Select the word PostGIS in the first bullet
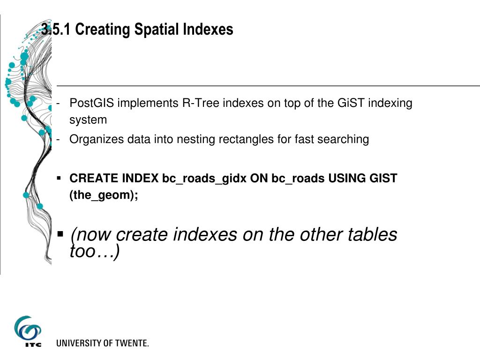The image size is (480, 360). point(92,103)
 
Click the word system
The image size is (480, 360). point(88,120)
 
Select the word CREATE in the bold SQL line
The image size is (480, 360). point(94,178)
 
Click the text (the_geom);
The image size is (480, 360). point(104,195)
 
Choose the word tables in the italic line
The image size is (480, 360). point(371,234)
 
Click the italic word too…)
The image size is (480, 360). point(95,252)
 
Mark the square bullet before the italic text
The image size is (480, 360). point(60,233)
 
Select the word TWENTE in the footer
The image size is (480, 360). point(131,343)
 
